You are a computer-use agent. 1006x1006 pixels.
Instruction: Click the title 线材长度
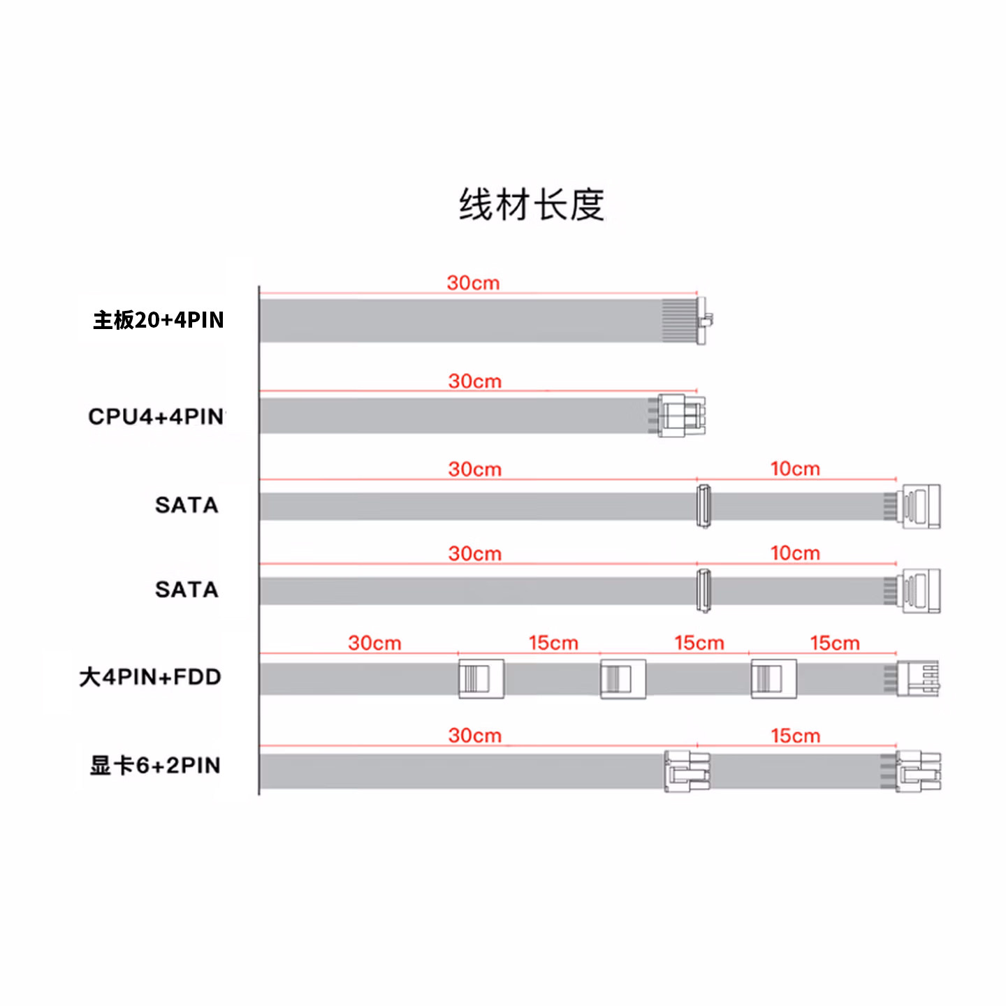click(531, 205)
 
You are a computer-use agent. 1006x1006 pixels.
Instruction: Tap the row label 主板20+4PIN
click(159, 320)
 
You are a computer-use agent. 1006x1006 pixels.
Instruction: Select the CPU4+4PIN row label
click(156, 416)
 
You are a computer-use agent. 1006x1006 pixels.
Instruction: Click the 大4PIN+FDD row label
click(150, 677)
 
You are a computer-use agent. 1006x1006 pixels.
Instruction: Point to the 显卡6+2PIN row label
click(155, 766)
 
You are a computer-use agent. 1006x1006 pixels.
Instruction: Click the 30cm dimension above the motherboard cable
click(473, 283)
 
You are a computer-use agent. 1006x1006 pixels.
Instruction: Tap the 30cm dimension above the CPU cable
click(475, 381)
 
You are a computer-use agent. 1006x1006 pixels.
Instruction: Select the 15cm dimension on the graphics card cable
click(795, 736)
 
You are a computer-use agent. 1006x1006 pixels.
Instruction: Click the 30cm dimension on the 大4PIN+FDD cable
click(374, 643)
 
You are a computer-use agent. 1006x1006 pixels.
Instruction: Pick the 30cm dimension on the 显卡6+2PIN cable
click(475, 736)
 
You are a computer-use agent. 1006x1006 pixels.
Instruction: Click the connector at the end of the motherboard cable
click(704, 320)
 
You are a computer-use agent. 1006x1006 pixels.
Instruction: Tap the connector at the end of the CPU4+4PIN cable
click(680, 416)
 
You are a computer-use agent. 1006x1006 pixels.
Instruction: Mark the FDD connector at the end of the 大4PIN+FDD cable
click(918, 678)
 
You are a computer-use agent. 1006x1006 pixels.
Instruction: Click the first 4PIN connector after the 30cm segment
click(481, 678)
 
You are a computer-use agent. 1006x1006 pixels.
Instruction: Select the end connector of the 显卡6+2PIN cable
click(918, 771)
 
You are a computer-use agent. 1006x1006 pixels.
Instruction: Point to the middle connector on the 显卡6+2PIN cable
click(687, 771)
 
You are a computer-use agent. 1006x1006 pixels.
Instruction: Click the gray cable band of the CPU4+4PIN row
click(454, 416)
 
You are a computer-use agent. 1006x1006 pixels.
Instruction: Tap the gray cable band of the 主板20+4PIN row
click(454, 321)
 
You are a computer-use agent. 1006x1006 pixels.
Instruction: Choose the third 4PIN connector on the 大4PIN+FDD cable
click(773, 678)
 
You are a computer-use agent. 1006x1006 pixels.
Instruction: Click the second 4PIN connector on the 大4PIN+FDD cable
click(622, 678)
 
